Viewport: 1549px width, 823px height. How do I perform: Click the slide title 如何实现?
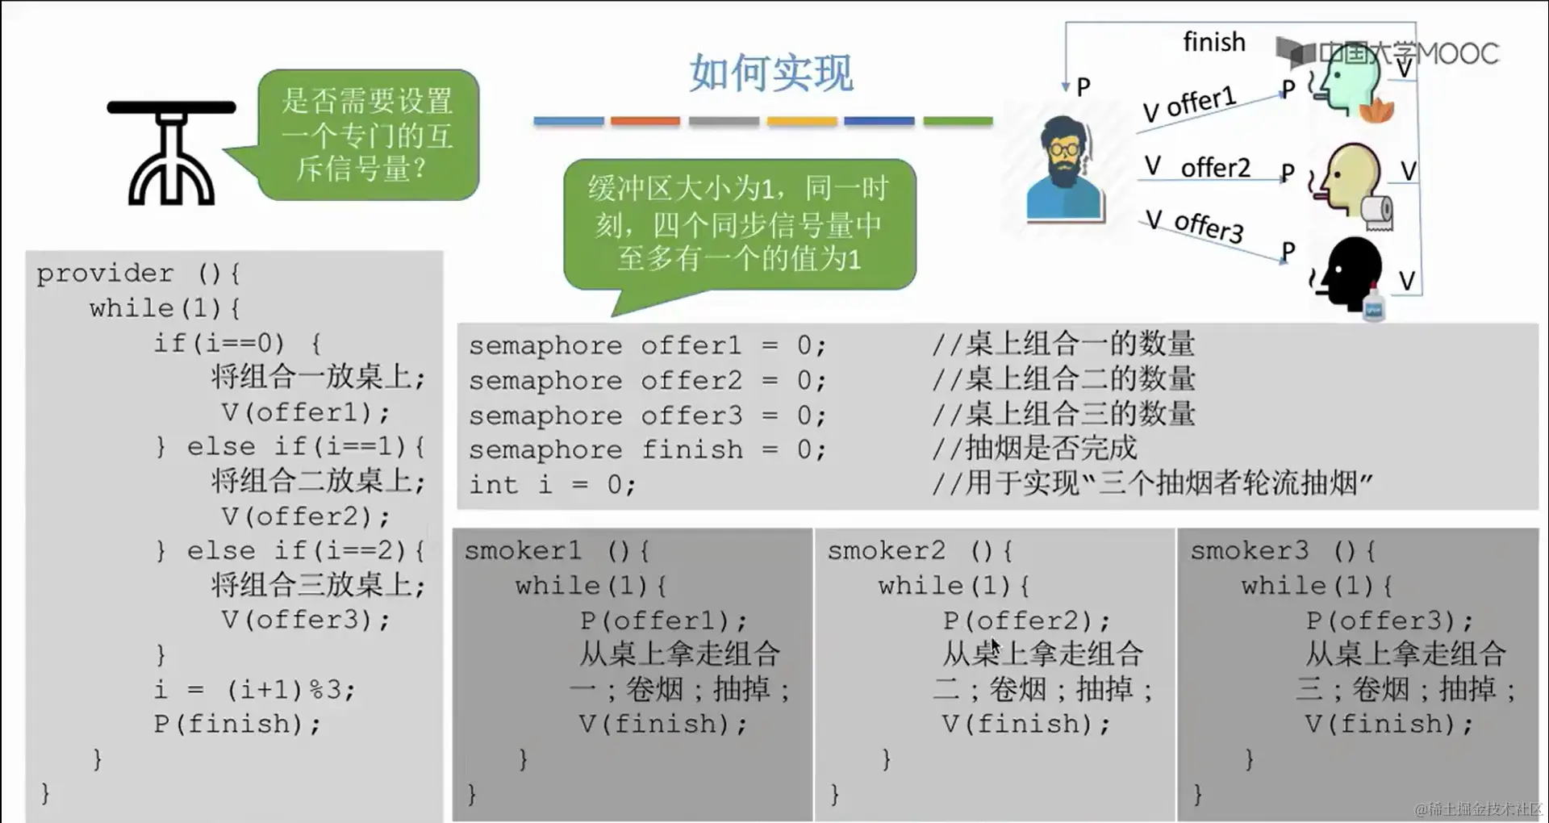point(770,73)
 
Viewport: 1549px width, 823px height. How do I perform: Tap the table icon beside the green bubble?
point(171,152)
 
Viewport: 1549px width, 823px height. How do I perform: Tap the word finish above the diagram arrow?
point(1213,42)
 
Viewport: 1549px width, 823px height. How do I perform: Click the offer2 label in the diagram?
point(1215,168)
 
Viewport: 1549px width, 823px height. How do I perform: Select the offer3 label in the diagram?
point(1209,227)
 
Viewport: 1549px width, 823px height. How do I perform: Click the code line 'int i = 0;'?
point(553,485)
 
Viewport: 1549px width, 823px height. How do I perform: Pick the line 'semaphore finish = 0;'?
point(647,449)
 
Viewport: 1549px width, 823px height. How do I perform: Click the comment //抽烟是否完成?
point(1034,448)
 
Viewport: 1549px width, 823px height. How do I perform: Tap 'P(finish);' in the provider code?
point(237,724)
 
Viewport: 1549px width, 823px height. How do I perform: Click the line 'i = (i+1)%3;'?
point(254,690)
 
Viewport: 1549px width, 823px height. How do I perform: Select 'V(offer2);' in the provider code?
point(305,516)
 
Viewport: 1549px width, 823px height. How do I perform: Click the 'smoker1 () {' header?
point(557,551)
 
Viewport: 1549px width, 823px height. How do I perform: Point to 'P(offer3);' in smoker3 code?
point(1389,620)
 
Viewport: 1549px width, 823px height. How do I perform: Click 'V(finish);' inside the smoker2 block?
point(1025,724)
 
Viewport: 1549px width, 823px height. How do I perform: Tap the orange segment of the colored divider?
point(645,121)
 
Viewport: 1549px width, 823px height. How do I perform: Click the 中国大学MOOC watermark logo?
point(1388,53)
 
